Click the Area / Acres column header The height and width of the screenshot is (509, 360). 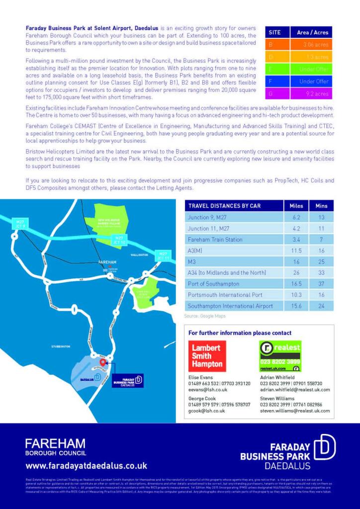point(313,32)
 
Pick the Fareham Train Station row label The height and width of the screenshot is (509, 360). point(215,240)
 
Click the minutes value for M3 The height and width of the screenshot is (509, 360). point(321,261)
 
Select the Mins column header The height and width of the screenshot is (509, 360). point(321,206)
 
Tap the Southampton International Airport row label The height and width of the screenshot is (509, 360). point(230,306)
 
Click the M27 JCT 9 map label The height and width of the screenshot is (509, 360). point(20,223)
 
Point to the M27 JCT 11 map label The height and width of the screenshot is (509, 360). point(164,255)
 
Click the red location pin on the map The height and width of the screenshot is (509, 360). point(103,362)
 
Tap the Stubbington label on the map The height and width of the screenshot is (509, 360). point(61,346)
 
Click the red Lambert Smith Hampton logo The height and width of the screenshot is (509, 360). point(207,356)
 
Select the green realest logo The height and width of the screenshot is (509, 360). point(280,356)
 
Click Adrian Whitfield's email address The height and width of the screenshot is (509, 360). point(295,390)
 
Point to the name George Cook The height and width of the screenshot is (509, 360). point(202,398)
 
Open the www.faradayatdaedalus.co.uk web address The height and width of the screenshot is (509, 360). point(86,466)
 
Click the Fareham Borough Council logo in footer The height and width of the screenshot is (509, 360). point(55,446)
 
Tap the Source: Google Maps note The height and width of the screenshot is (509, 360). point(205,316)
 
